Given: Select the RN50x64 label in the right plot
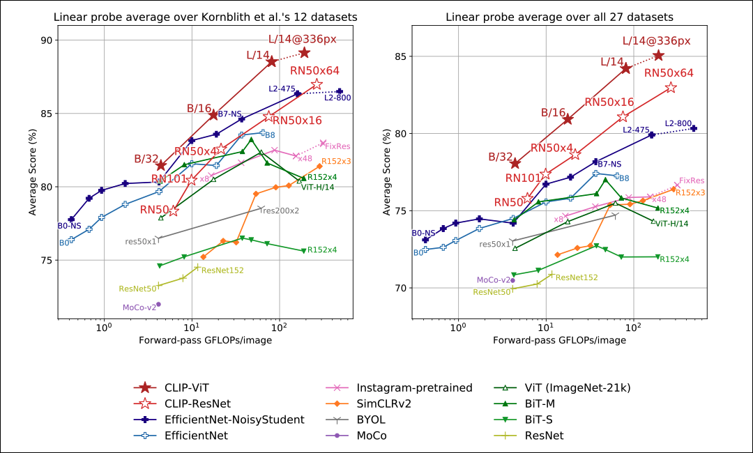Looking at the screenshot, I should (x=669, y=72).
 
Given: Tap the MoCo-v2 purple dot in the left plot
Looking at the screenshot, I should (x=159, y=304).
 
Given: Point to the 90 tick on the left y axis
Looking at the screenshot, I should (x=46, y=40).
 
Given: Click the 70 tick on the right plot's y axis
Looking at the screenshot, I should (x=400, y=288).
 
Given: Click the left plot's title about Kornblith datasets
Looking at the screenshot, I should (x=204, y=16).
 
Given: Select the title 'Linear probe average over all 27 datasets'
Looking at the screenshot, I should (x=558, y=16).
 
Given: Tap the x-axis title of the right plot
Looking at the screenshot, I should (x=558, y=340).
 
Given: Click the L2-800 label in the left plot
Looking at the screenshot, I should (x=337, y=98).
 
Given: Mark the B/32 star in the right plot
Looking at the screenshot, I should (x=515, y=163).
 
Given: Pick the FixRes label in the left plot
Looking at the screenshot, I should (x=337, y=146).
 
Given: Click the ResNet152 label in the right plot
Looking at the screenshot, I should (x=577, y=277).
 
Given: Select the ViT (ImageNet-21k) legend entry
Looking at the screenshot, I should (x=557, y=387).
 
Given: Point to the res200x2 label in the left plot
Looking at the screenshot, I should (x=280, y=210).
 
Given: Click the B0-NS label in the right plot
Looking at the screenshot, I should (x=423, y=233).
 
